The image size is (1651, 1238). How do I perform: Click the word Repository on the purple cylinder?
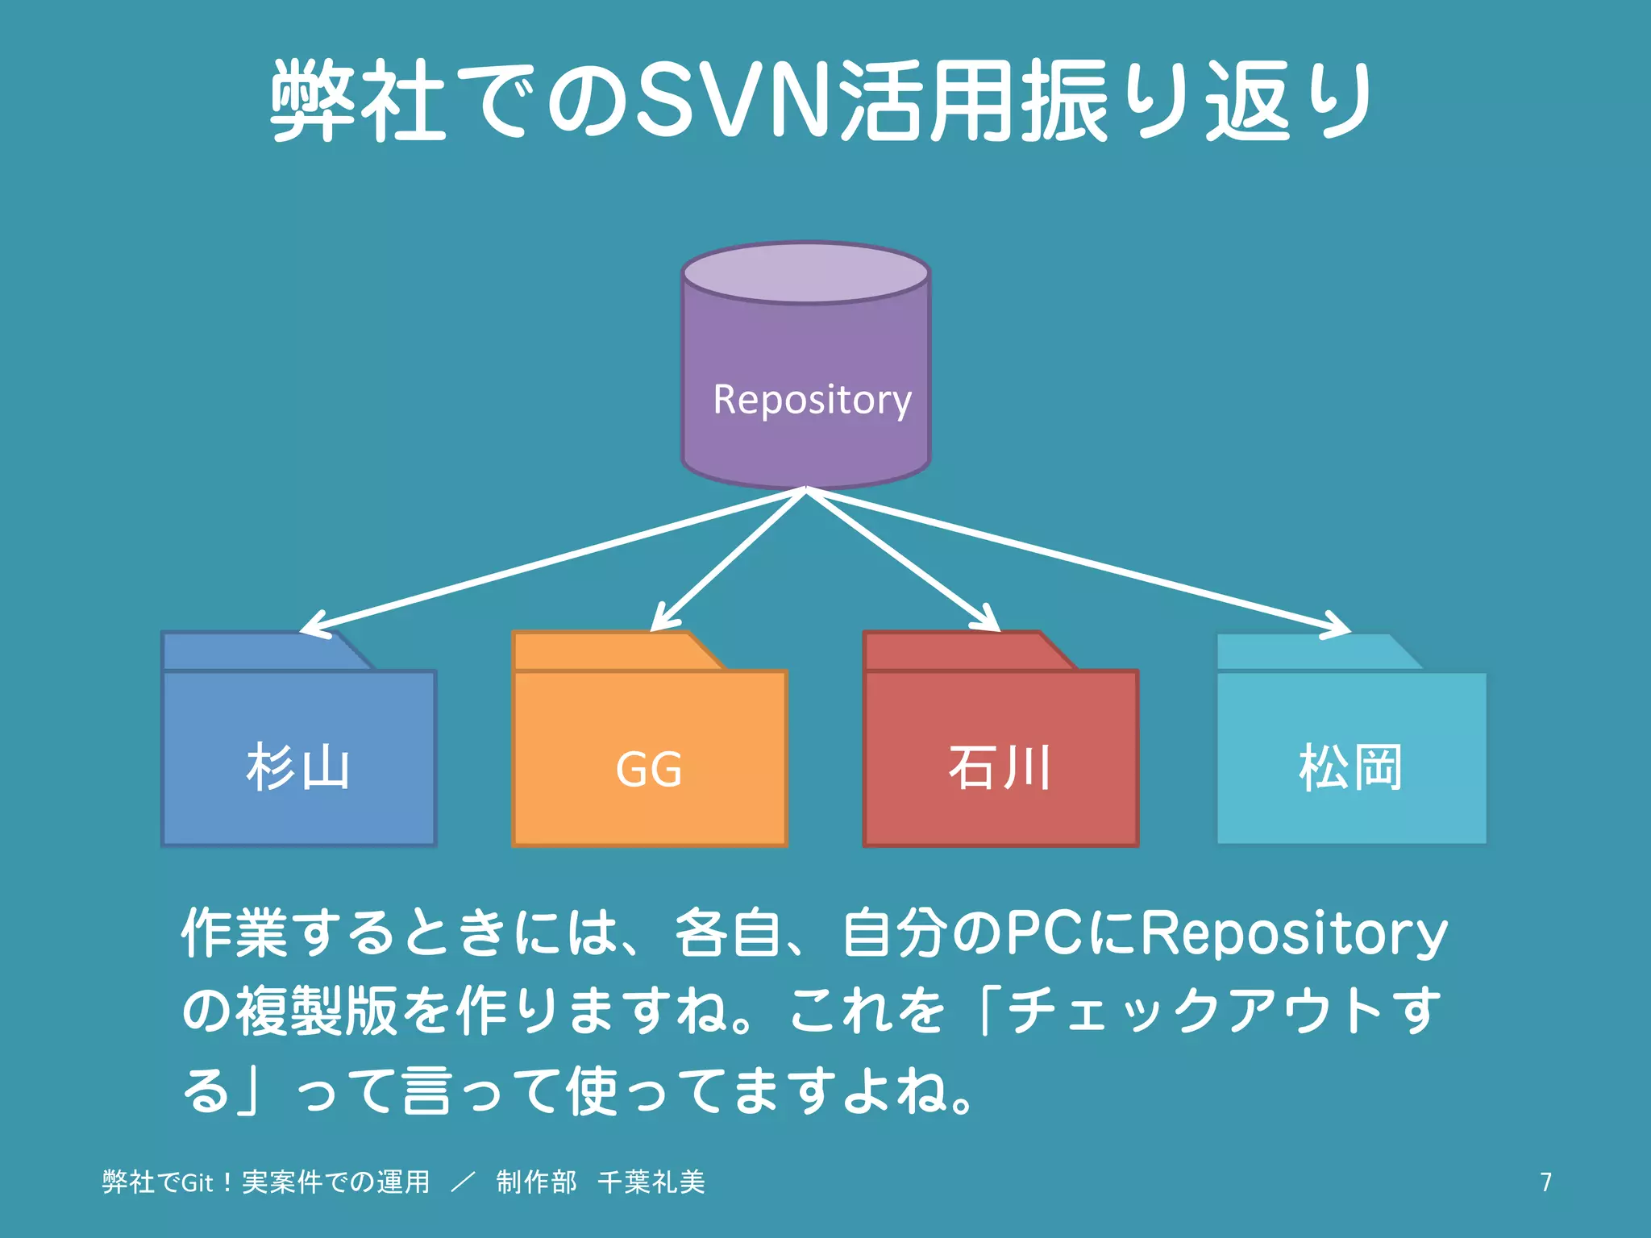tap(812, 400)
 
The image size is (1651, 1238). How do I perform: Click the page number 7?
tap(1545, 1182)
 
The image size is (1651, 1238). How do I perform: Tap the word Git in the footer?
tap(197, 1182)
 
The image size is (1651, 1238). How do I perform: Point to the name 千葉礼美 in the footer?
tap(651, 1182)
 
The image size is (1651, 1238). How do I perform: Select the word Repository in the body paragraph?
tap(1294, 933)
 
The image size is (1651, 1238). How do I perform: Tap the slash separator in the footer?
tap(463, 1182)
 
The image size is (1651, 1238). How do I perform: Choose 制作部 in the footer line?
tap(536, 1182)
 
